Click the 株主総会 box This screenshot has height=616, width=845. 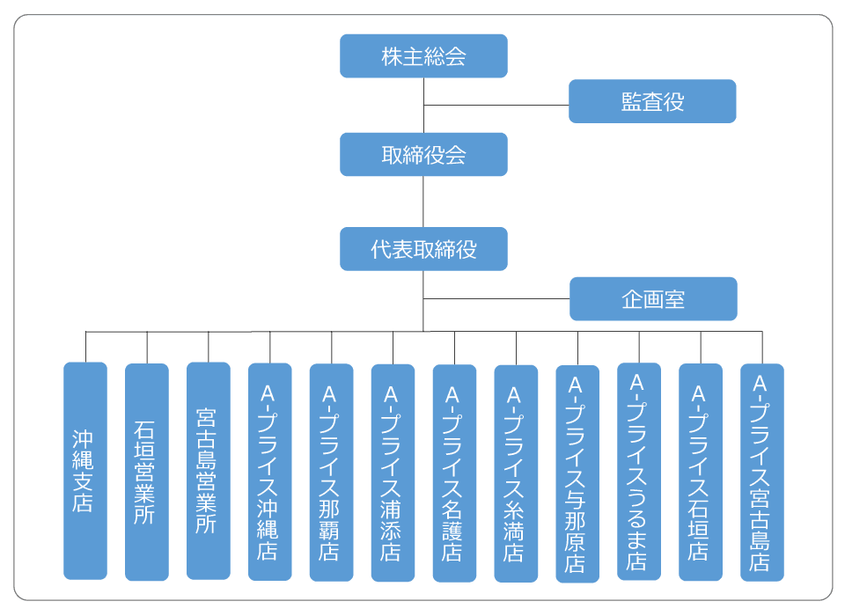pyautogui.click(x=423, y=56)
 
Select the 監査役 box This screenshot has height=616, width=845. pyautogui.click(x=651, y=101)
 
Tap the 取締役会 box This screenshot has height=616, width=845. pyautogui.click(x=423, y=155)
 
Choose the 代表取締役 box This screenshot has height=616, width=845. pyautogui.click(x=423, y=249)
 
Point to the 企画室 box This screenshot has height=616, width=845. pyautogui.click(x=652, y=299)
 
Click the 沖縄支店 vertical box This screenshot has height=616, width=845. pyautogui.click(x=85, y=471)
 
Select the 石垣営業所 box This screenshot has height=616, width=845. pyautogui.click(x=147, y=472)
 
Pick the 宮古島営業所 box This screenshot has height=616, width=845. pyautogui.click(x=209, y=471)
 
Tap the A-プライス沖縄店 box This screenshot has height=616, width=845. pyautogui.click(x=269, y=472)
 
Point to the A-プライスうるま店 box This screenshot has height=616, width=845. pyautogui.click(x=639, y=472)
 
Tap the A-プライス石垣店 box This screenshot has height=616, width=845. pyautogui.click(x=701, y=472)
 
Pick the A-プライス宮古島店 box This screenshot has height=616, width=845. pyautogui.click(x=762, y=472)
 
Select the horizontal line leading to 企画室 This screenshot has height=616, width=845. pyautogui.click(x=496, y=299)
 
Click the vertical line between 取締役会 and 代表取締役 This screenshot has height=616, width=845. pyautogui.click(x=423, y=202)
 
